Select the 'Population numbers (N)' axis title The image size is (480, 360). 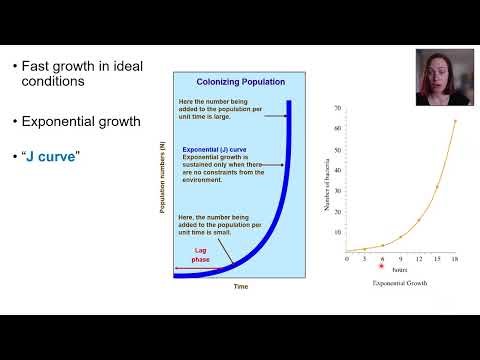[x=161, y=177]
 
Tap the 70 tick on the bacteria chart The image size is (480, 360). [x=338, y=107]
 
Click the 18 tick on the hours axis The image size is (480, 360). [x=455, y=258]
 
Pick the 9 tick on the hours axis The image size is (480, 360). [x=401, y=258]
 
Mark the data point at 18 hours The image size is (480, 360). [x=455, y=122]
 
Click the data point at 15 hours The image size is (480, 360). [x=437, y=187]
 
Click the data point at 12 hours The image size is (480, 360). [x=419, y=219]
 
